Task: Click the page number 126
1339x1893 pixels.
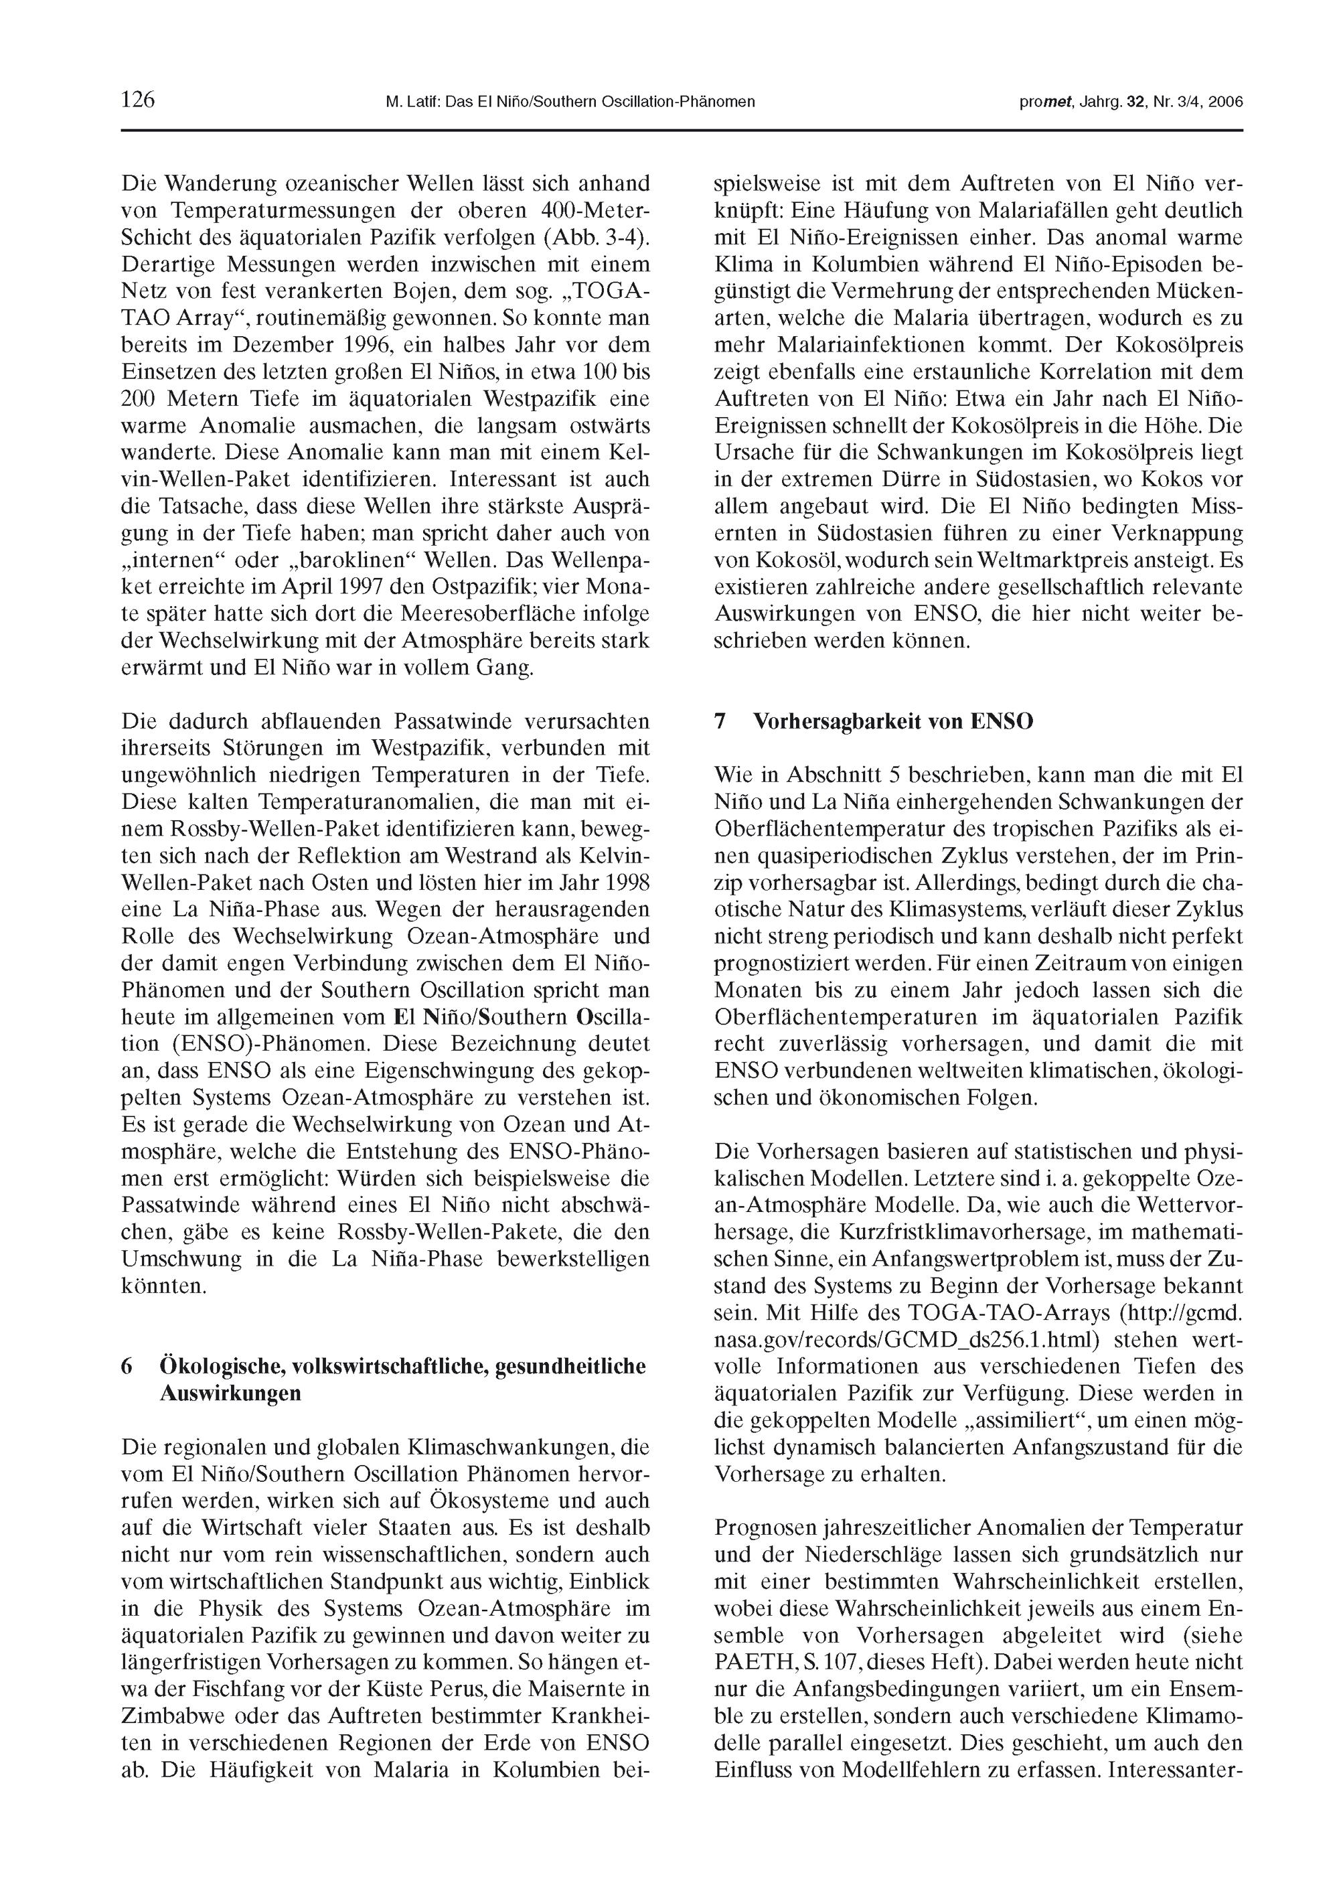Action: [x=138, y=100]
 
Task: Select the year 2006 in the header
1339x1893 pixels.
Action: [x=1225, y=102]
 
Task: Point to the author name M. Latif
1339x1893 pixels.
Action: [x=409, y=102]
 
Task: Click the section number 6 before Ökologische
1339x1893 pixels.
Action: [x=127, y=1366]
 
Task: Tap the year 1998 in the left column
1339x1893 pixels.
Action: [x=628, y=883]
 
